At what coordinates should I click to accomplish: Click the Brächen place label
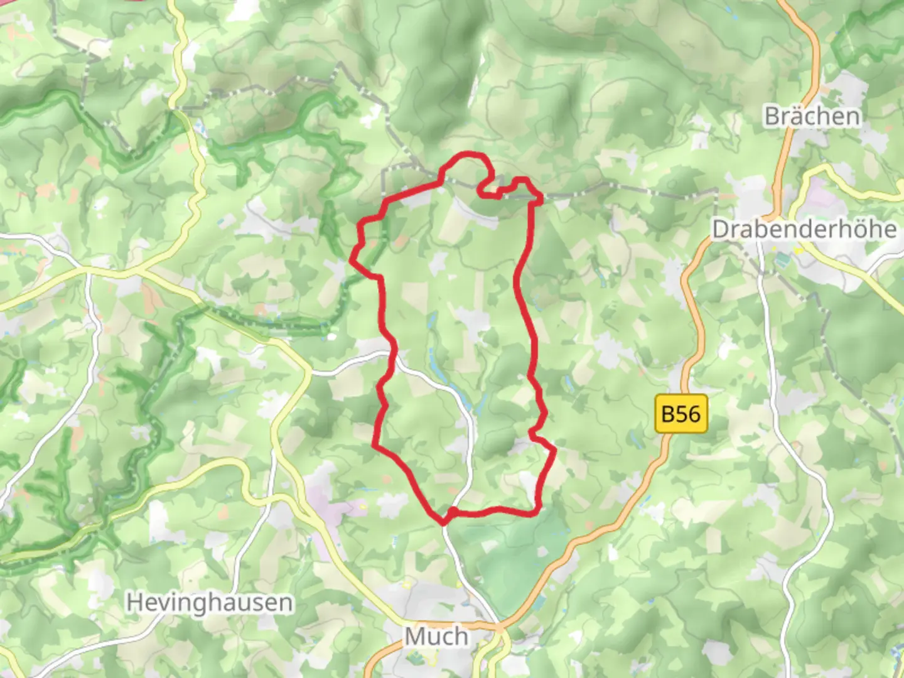click(x=812, y=116)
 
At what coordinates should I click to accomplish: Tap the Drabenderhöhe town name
click(x=804, y=229)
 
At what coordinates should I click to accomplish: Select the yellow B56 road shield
click(x=681, y=414)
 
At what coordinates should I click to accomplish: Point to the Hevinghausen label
click(x=210, y=603)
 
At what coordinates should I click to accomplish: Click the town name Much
click(x=437, y=636)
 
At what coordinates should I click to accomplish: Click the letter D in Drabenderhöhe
click(x=719, y=229)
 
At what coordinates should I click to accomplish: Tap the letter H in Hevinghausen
click(x=132, y=603)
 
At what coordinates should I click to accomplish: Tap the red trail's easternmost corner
click(x=554, y=449)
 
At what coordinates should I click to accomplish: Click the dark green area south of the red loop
click(x=508, y=552)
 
